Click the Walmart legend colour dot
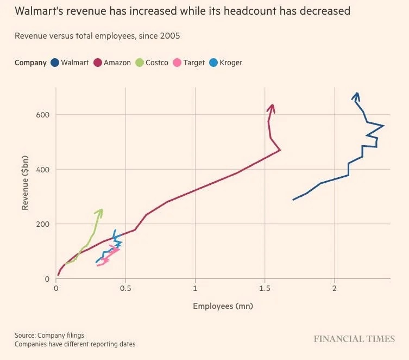(x=55, y=63)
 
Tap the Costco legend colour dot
(x=140, y=63)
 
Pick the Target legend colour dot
(x=177, y=63)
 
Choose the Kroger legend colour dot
(x=213, y=63)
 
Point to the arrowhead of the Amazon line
(x=272, y=107)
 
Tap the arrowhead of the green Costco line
(x=100, y=211)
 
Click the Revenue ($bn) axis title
(x=25, y=182)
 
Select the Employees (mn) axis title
(x=223, y=306)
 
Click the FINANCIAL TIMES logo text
(x=354, y=339)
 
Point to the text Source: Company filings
(x=49, y=335)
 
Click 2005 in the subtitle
(x=170, y=36)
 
